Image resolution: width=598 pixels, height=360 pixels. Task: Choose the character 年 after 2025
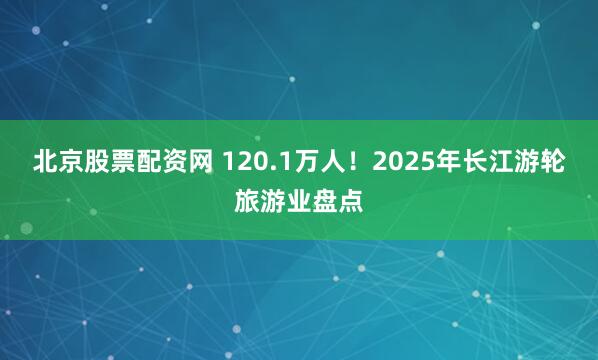pos(436,163)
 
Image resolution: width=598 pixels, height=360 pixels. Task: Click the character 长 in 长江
pos(462,163)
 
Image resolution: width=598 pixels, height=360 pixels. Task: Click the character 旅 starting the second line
pos(247,200)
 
